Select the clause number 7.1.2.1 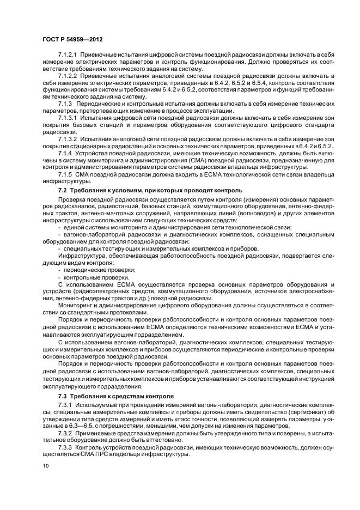point(69,56)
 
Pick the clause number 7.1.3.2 point(69,139)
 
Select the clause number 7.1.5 point(65,173)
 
